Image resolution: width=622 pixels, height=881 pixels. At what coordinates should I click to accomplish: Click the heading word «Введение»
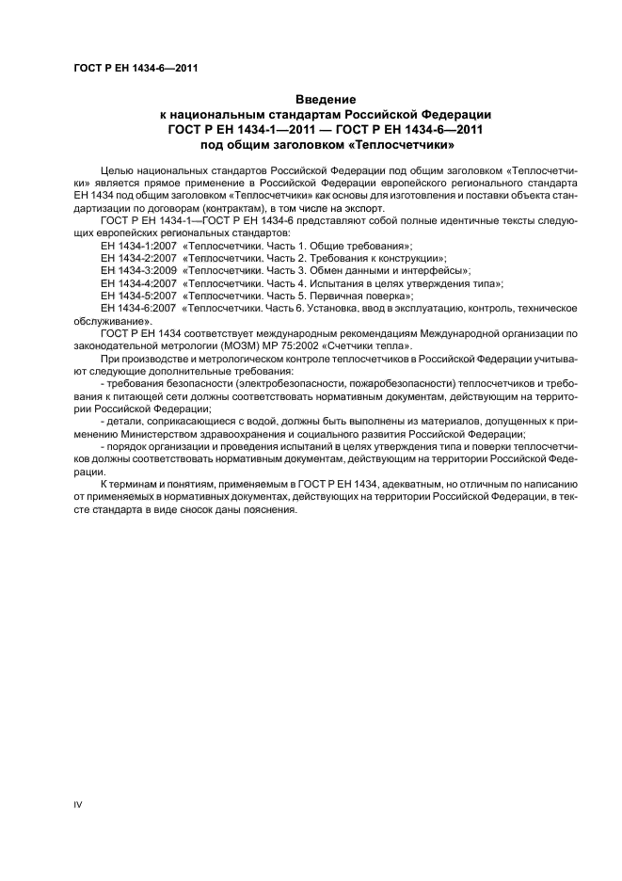point(326,99)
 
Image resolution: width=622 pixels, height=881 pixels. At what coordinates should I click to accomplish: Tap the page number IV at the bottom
point(78,804)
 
